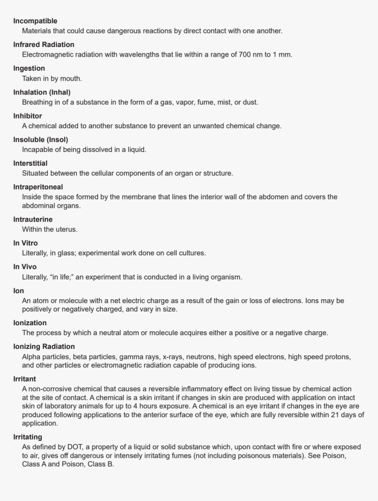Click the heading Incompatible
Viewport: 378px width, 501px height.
click(35, 21)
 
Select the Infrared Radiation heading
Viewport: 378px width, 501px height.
click(44, 45)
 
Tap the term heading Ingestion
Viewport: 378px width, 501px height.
click(29, 69)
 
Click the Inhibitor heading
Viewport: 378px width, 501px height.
click(28, 116)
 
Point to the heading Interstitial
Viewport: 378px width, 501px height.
click(30, 163)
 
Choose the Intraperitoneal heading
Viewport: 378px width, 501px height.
click(38, 187)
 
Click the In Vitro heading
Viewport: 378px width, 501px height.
click(25, 243)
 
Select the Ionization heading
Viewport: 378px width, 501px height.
click(30, 323)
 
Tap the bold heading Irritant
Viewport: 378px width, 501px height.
click(25, 379)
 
